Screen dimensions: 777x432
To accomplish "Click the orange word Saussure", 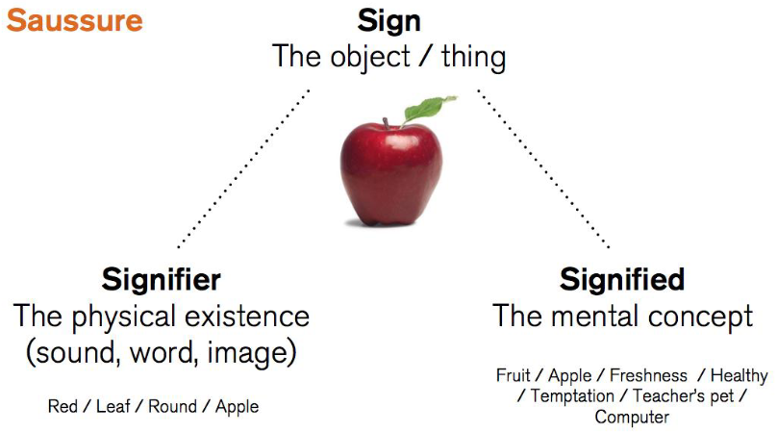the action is [75, 19].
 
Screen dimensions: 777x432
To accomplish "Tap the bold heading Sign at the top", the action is [388, 19].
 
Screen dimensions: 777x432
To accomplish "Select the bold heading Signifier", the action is [162, 279].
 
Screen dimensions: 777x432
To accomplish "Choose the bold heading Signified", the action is [622, 279].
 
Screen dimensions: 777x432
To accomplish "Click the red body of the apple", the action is [389, 173].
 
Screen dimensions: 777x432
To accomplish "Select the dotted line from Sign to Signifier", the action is [242, 169].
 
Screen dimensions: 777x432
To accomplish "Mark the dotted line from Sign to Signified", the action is [543, 169].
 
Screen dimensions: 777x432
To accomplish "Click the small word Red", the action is [63, 406].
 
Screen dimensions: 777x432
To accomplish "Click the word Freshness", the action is [649, 375].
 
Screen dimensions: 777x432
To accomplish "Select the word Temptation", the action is [571, 395].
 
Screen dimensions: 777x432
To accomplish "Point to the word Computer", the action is [632, 417].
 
